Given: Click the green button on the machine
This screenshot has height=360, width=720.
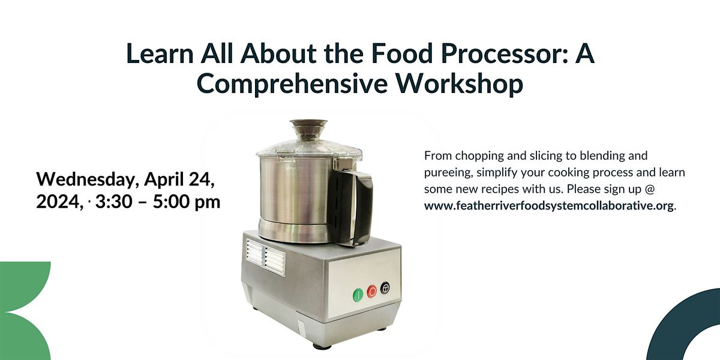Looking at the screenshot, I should point(358,294).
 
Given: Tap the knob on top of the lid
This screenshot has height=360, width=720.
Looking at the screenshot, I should point(308,128).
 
